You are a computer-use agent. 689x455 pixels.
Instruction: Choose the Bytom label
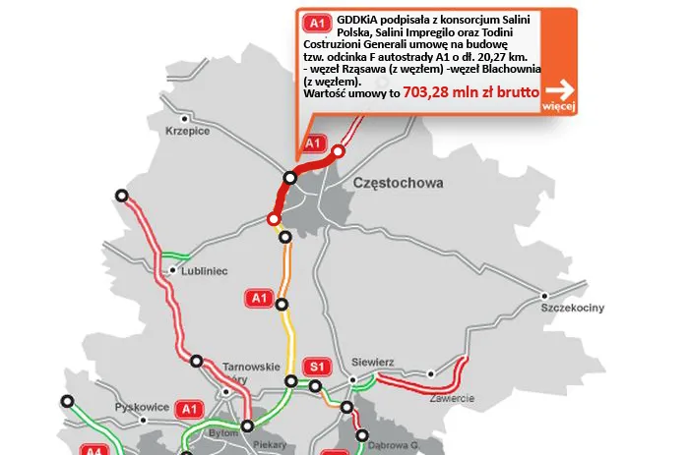coord(225,433)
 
